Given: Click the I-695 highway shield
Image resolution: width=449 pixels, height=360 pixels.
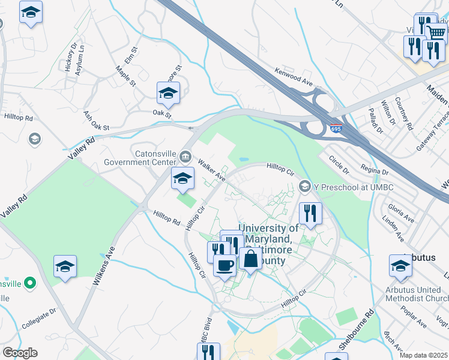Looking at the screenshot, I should [337, 129].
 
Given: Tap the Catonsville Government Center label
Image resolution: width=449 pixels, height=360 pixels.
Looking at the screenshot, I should [140, 157].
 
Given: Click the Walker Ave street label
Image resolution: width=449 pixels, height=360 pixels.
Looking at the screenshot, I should [211, 171].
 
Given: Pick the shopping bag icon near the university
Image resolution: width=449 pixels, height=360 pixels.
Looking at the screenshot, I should [250, 259].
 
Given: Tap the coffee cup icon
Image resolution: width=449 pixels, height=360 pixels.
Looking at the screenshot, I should [224, 265].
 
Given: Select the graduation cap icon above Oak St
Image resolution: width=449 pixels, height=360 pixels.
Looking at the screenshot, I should [168, 92].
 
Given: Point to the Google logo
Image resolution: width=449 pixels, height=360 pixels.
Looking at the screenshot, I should [20, 353].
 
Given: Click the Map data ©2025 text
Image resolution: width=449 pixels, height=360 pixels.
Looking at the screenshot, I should [424, 355].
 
